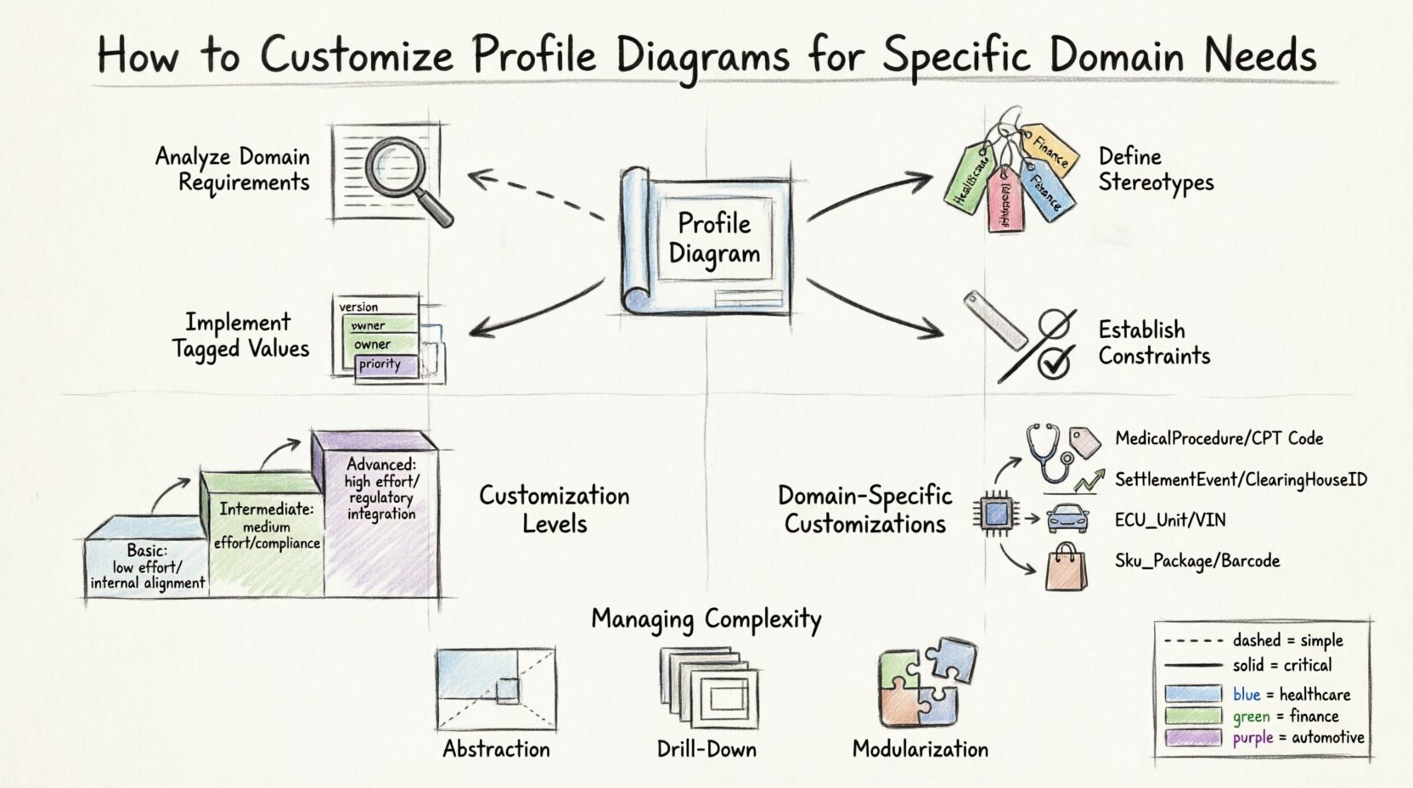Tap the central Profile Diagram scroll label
713,239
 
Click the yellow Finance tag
1050,151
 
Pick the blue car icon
1067,518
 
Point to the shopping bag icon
1066,567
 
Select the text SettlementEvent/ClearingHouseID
1241,480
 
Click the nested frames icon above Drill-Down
707,689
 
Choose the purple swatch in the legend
1193,737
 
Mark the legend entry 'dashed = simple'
1253,640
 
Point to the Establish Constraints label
1154,342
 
